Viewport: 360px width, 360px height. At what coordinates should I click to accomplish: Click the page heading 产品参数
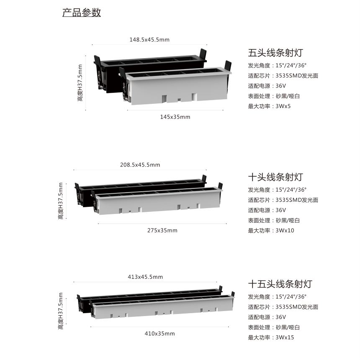click(82, 13)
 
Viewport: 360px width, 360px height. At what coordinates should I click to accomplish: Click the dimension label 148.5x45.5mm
click(149, 40)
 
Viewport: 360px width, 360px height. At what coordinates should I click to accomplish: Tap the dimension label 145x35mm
click(175, 117)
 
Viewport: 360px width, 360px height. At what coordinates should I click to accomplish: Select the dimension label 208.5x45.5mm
click(140, 165)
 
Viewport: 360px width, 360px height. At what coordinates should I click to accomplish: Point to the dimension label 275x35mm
click(162, 231)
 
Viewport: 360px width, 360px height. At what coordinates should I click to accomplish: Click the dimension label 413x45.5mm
click(145, 277)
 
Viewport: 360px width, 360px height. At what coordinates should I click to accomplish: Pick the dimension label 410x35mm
click(160, 334)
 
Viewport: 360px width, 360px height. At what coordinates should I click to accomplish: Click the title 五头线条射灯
click(275, 53)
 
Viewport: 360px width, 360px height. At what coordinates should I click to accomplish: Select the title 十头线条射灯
click(275, 177)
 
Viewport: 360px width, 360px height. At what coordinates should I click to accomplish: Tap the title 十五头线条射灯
click(280, 284)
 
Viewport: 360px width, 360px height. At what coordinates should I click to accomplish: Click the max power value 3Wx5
click(283, 106)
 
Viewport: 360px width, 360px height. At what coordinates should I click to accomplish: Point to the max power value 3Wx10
click(285, 231)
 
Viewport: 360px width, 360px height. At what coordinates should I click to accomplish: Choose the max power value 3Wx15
click(285, 337)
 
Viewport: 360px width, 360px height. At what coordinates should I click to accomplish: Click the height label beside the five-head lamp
click(80, 83)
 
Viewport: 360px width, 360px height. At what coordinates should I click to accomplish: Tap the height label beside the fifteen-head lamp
click(60, 311)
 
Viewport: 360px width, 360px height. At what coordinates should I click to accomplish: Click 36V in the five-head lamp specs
click(281, 86)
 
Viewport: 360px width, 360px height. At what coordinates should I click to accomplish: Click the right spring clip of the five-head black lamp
click(203, 54)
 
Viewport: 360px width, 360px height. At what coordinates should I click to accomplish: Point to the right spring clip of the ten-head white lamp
click(220, 186)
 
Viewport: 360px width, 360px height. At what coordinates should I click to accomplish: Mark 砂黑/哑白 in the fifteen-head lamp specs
click(288, 327)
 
